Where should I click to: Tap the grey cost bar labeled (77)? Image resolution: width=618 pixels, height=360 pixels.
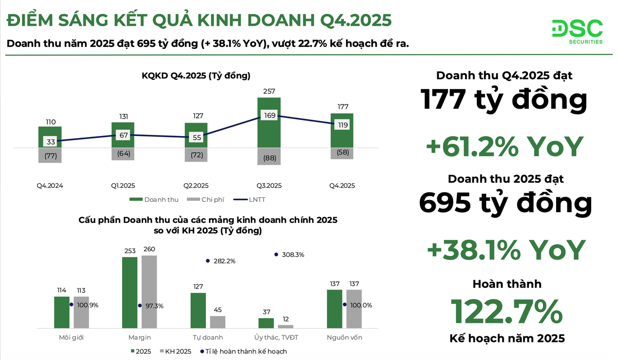50,156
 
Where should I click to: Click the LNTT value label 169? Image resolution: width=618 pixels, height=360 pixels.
269,115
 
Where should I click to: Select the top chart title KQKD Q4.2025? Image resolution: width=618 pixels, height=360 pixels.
196,76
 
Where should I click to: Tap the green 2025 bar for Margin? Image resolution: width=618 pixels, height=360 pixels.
130,292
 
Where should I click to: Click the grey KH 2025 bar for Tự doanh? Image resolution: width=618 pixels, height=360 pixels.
218,322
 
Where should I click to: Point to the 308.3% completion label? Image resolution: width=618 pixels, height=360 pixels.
293,254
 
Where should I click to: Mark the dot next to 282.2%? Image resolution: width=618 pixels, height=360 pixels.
208,261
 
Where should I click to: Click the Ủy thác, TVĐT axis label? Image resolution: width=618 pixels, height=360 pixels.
276,337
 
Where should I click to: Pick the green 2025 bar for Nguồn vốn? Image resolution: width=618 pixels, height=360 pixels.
334,308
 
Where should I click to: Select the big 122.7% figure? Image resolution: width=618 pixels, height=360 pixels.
506,311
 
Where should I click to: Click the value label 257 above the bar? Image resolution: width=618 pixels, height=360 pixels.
269,91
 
